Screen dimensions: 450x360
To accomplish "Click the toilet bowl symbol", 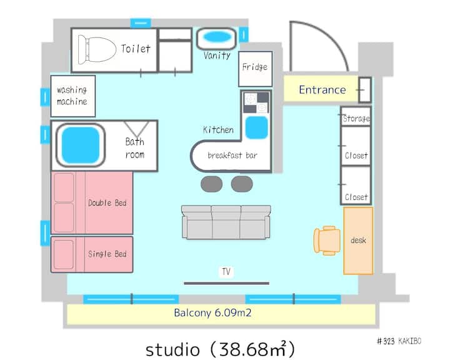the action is click(97, 49).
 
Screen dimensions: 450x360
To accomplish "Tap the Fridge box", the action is click(255, 69).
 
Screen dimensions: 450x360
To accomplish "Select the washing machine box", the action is click(73, 96).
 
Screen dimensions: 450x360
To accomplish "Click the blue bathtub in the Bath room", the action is click(81, 145).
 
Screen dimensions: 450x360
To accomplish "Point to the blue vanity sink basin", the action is click(217, 37).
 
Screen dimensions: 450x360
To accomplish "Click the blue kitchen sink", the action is click(257, 127).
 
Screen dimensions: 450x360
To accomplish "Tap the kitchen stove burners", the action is click(256, 102).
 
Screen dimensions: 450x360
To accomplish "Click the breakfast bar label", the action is click(232, 155).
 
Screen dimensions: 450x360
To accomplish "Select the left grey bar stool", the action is click(211, 184).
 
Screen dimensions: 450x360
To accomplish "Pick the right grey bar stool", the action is click(242, 184).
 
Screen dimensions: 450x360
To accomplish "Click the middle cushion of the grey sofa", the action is click(226, 222).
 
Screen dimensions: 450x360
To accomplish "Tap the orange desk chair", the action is click(327, 241).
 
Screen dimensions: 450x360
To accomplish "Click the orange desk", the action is click(359, 241).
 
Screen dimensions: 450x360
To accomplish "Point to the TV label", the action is click(226, 272).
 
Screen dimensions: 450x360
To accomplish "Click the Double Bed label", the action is click(107, 203).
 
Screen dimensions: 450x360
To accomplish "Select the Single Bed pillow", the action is click(63, 254).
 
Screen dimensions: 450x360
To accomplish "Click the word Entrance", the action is click(322, 90).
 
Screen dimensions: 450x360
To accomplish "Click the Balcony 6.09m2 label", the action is click(212, 312).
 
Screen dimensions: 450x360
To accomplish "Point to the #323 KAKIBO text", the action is click(399, 341).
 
